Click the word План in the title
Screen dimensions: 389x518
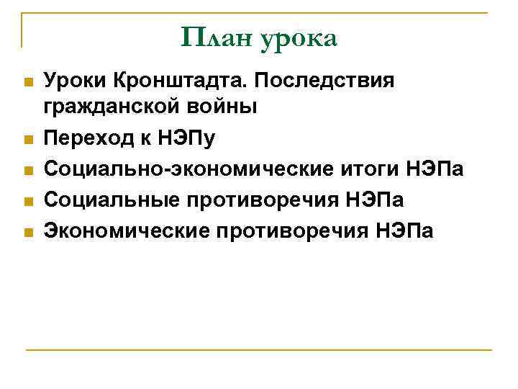[x=216, y=38]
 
